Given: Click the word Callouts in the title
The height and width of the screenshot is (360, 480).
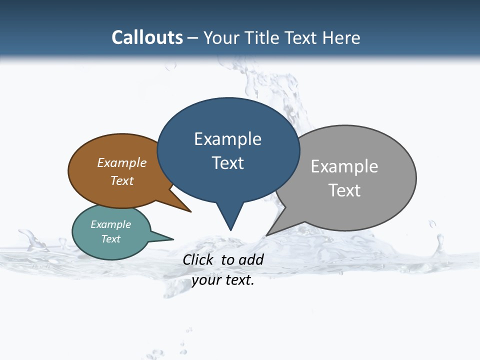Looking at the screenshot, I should pyautogui.click(x=147, y=37).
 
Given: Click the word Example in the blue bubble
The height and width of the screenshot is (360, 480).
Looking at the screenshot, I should pyautogui.click(x=227, y=139).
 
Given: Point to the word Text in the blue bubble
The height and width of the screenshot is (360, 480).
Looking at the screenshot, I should pyautogui.click(x=227, y=162).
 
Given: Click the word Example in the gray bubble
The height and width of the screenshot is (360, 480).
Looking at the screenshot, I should pyautogui.click(x=344, y=166).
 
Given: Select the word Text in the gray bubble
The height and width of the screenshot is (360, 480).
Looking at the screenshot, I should pyautogui.click(x=344, y=190).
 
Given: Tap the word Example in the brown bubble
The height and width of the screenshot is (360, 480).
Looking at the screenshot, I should pyautogui.click(x=122, y=162).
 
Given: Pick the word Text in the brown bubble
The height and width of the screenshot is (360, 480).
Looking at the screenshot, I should pyautogui.click(x=122, y=180).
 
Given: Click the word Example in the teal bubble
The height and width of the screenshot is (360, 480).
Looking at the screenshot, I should pyautogui.click(x=111, y=224).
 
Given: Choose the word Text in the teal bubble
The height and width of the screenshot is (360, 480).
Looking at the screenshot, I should pyautogui.click(x=111, y=239).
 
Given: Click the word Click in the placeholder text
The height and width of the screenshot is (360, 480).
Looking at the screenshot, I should pyautogui.click(x=198, y=259).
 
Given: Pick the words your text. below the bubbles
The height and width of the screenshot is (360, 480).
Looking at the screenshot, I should pyautogui.click(x=223, y=280).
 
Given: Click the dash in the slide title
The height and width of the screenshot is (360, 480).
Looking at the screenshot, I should pyautogui.click(x=193, y=37).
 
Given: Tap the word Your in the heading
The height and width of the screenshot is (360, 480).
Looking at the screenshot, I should pyautogui.click(x=221, y=37).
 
